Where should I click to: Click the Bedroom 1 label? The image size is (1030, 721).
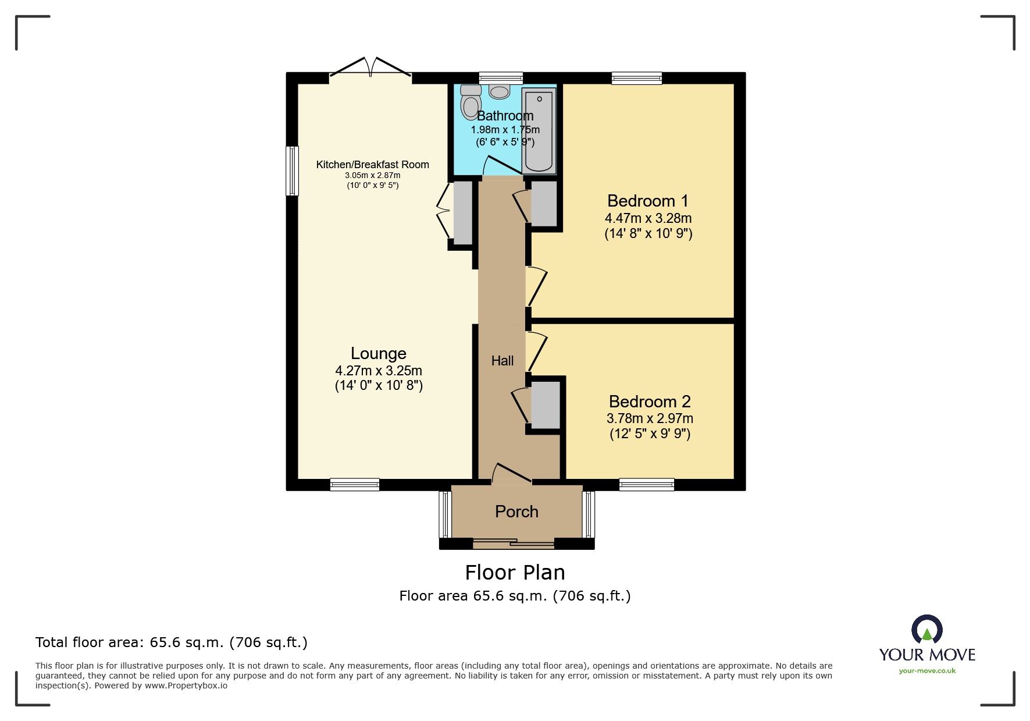647,201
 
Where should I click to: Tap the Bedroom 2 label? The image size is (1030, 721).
649,402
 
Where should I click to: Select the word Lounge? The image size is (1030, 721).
378,353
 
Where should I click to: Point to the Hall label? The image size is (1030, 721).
502,361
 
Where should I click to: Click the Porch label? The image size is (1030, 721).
516,512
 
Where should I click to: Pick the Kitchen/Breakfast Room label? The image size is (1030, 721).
372,165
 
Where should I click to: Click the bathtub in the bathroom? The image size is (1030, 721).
539,130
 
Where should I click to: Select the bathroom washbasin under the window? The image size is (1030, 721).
500,91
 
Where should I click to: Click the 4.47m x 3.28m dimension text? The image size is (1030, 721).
648,218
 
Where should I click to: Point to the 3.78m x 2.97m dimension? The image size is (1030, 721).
649,418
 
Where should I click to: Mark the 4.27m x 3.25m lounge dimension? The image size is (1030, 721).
378,371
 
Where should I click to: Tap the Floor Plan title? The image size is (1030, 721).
515,573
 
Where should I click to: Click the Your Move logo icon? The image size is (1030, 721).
926,630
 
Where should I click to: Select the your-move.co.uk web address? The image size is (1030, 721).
927,671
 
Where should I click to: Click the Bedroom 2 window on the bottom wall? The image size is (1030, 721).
646,484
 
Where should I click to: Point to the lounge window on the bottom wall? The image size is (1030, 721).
354,484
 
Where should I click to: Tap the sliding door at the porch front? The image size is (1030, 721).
513,544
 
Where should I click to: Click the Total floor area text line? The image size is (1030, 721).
171,642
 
